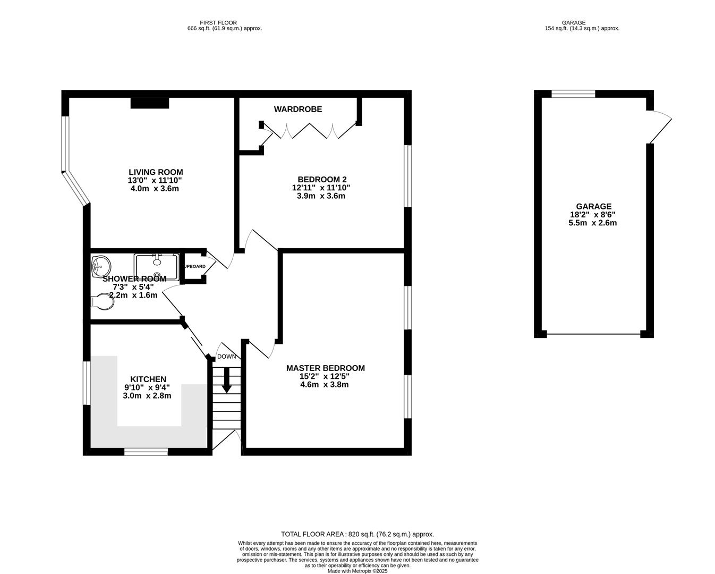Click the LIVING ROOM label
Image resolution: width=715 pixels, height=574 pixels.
tap(156, 172)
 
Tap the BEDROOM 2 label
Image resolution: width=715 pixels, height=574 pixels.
tap(322, 180)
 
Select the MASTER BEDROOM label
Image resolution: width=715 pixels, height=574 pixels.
tap(325, 368)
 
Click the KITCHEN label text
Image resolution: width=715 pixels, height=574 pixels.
tap(148, 379)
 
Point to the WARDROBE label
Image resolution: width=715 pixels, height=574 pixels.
tap(297, 109)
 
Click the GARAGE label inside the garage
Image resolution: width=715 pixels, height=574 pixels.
tap(593, 207)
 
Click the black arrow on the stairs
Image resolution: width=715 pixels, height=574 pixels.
tap(227, 379)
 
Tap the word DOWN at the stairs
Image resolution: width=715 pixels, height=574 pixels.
tap(227, 357)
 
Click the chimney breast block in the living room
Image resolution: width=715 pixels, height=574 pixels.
tap(150, 103)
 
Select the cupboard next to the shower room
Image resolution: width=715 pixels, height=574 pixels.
tap(194, 266)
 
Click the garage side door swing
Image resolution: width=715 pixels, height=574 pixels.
tap(661, 126)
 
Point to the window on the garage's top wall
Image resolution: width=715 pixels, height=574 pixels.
tap(573, 94)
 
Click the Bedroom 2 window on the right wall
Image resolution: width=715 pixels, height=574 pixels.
tap(407, 175)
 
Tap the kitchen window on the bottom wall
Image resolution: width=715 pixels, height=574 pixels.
tap(146, 452)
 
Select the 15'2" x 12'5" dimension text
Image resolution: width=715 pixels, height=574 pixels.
tap(324, 376)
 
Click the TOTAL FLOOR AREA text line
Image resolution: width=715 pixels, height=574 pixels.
tap(357, 534)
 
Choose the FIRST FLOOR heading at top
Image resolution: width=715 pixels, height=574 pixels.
tap(218, 23)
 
